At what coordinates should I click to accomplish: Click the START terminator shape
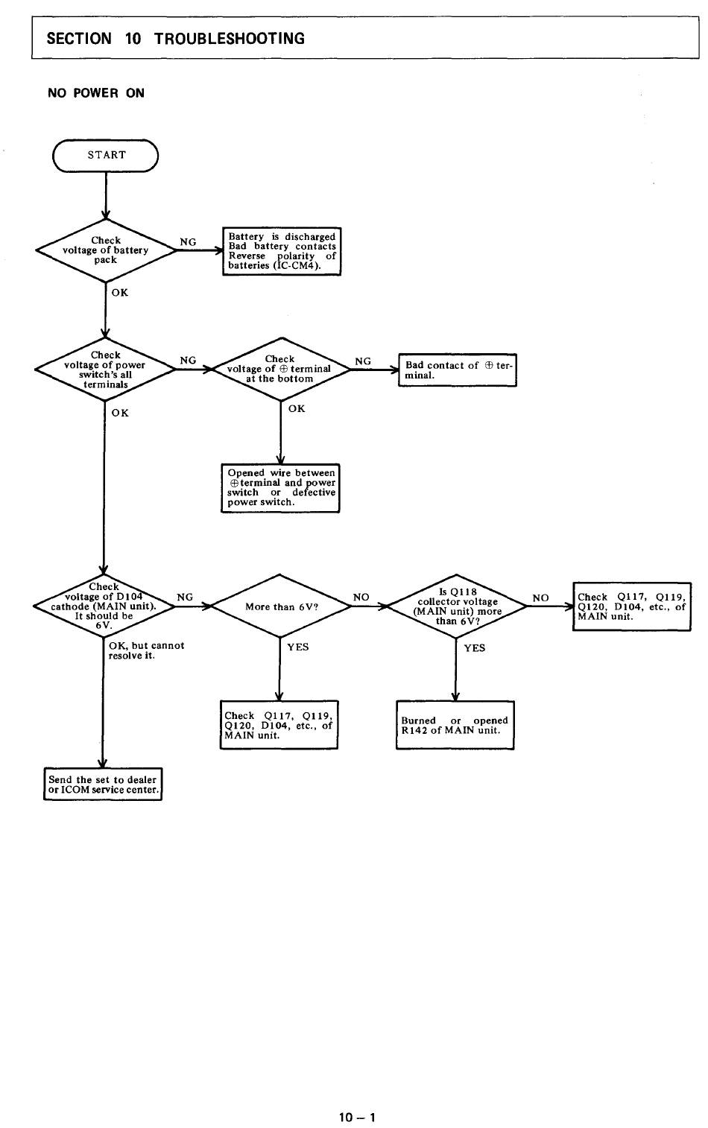coord(106,156)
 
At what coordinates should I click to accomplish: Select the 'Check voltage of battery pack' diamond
coord(106,250)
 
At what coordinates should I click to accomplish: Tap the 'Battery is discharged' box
coord(282,251)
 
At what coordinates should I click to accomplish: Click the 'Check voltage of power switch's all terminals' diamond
coord(106,370)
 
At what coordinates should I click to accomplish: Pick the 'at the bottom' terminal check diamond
coord(280,369)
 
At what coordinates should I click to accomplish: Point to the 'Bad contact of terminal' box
coord(458,370)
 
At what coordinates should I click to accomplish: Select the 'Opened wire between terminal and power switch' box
coord(280,488)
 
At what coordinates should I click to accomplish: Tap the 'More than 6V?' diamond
coord(281,606)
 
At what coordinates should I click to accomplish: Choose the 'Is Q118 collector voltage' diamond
coord(457,606)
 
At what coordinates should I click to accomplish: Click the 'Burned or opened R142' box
coord(455,725)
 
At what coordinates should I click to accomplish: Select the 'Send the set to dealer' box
coord(103,785)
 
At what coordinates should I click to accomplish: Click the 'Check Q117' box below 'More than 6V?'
coord(279,725)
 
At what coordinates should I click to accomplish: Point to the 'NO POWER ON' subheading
coord(96,93)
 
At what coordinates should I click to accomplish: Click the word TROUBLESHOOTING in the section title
coord(230,39)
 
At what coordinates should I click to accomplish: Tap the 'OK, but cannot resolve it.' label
coord(146,650)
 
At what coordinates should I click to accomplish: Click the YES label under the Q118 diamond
coord(474,648)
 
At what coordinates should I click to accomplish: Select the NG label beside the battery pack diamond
coord(188,242)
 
